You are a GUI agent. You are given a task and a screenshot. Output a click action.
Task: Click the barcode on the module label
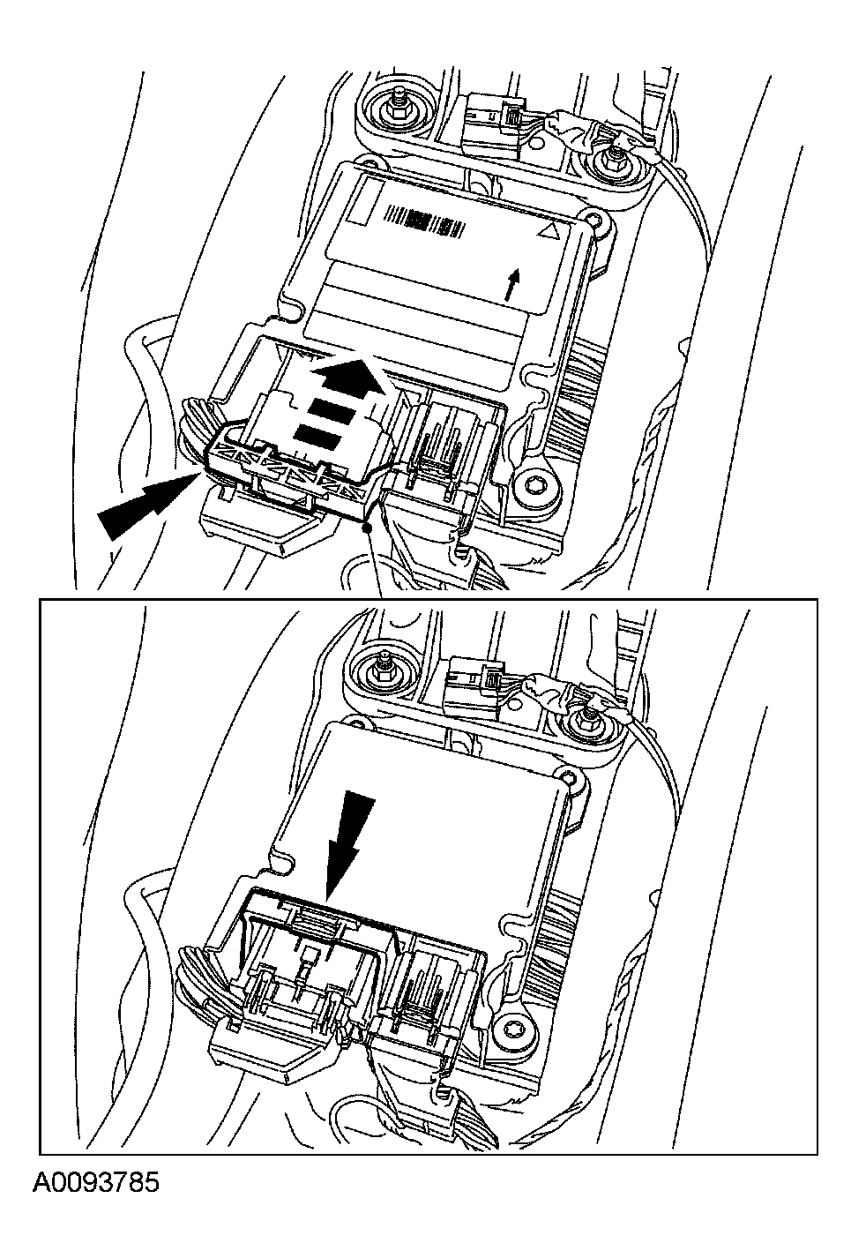tap(425, 221)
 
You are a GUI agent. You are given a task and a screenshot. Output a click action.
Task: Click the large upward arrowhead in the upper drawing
tap(348, 378)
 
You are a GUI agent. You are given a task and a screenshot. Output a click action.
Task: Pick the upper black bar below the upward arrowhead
tap(332, 410)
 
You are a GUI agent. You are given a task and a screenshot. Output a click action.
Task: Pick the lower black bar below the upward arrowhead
tap(318, 436)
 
